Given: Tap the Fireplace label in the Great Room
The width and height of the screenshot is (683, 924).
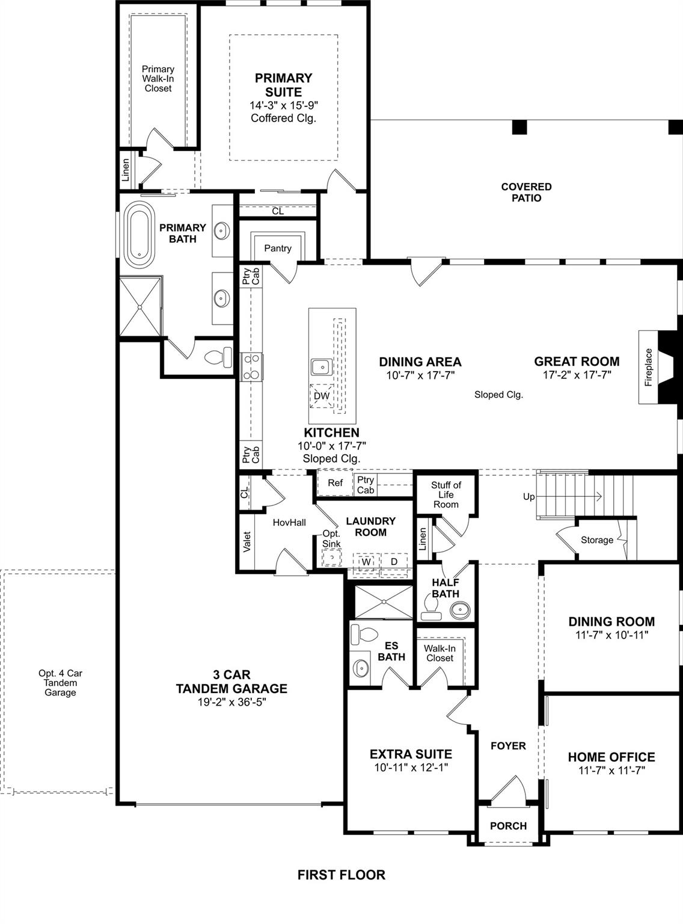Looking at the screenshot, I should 648,367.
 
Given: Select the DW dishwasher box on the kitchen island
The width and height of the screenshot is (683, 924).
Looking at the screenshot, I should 322,395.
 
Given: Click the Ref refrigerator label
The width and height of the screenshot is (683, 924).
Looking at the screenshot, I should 335,482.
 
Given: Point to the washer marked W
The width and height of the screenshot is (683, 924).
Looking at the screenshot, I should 366,561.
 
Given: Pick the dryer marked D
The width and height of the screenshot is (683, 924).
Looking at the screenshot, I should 394,561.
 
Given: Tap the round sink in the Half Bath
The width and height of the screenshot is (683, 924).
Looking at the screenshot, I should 461,609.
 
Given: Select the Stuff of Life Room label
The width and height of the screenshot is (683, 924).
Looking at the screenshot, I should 446,494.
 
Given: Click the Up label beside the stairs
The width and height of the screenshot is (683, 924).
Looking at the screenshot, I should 528,497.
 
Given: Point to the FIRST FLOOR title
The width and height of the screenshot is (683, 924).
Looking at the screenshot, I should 341,875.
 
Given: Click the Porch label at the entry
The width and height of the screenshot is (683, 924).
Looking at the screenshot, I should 508,826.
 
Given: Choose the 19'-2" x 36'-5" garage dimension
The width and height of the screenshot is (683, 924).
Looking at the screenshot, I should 231,702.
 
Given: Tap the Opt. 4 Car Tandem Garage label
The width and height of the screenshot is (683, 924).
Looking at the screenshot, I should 60,683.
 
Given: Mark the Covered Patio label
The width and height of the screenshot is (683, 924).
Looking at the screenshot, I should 526,192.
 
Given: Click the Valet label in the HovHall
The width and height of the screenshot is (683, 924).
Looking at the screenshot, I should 247,541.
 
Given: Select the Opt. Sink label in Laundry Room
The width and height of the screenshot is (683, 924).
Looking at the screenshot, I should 331,538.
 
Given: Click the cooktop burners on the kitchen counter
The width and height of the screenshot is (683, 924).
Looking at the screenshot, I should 252,367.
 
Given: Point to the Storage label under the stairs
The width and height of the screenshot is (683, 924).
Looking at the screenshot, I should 596,540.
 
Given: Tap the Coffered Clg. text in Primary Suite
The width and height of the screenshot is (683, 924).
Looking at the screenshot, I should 283,118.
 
